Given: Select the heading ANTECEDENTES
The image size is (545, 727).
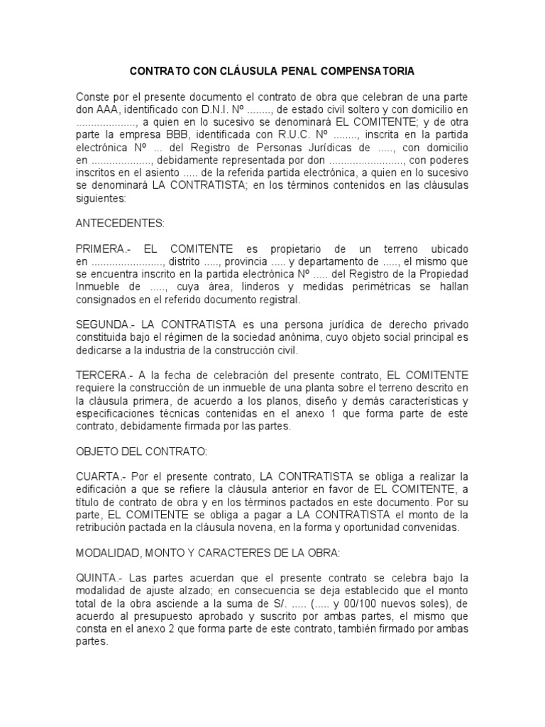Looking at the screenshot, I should (119, 223).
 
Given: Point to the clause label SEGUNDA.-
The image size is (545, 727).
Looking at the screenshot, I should (105, 324).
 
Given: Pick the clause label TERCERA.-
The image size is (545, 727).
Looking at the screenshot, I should (104, 374).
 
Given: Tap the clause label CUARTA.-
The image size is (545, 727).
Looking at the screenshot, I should (100, 475).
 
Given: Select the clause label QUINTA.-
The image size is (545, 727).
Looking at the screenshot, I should (100, 576).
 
